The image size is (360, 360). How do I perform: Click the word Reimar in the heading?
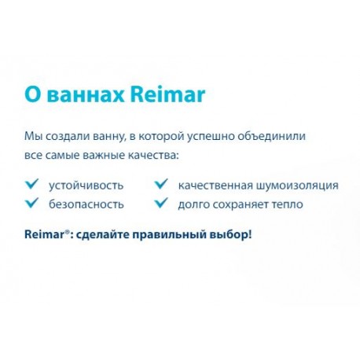click(167, 94)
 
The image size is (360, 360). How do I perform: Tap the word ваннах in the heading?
click(86, 95)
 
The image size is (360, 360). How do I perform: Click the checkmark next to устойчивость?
click(32, 184)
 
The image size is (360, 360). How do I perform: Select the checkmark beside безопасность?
click(32, 203)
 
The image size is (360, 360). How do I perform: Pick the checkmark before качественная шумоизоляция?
click(161, 184)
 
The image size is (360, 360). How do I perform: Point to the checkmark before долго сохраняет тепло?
click(161, 203)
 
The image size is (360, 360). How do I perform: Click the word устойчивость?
click(86, 186)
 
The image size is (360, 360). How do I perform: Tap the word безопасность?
click(86, 204)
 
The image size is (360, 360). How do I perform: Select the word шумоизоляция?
click(297, 186)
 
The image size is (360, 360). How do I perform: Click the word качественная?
click(215, 186)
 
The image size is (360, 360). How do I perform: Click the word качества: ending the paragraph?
click(153, 156)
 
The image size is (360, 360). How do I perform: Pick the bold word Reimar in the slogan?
click(44, 234)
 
